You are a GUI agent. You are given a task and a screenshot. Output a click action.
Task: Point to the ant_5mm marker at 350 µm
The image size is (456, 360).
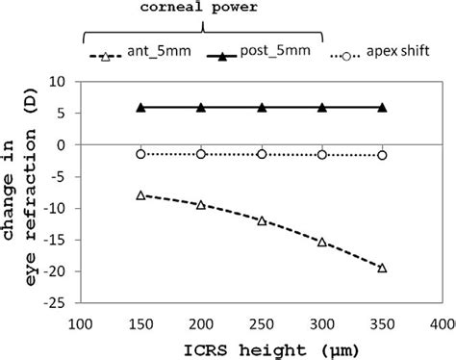pos(382,268)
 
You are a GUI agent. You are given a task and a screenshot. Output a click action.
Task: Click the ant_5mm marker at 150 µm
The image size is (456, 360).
pos(140,195)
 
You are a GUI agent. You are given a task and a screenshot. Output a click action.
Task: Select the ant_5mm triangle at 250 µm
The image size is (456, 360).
pos(262,220)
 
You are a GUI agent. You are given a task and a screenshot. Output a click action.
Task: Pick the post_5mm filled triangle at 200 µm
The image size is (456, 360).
pos(201,107)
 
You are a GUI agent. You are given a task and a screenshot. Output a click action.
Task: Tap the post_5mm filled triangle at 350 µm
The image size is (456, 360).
pos(382,107)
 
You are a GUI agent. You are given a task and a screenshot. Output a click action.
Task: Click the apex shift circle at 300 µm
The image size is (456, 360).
pos(321,154)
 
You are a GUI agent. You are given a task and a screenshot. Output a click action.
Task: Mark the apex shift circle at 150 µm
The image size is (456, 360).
pos(140,153)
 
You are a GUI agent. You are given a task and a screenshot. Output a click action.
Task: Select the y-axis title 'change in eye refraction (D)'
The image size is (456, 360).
pos(23,193)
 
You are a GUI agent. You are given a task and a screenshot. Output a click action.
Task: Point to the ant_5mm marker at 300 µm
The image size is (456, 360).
pos(321,242)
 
